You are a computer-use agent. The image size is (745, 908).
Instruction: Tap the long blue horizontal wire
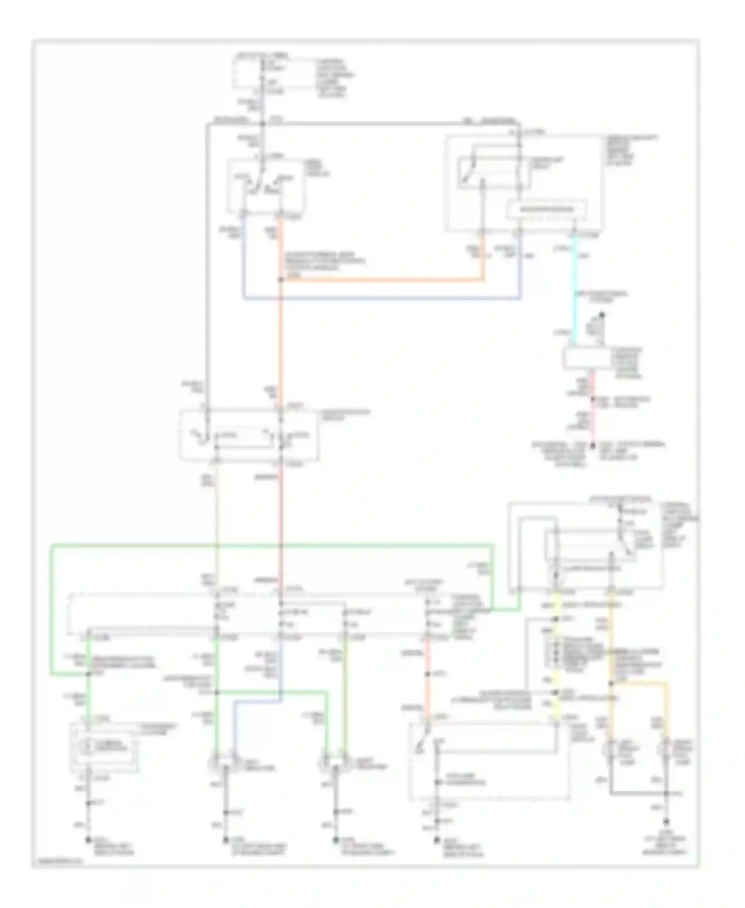382,299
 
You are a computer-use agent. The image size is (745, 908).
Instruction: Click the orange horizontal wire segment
382,281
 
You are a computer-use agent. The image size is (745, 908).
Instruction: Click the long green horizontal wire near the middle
273,546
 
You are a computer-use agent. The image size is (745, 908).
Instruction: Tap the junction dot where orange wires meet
281,281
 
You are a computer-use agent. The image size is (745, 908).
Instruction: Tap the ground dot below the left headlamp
225,839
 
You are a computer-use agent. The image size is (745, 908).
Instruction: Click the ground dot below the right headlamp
336,839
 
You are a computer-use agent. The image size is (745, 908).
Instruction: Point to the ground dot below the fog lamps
667,822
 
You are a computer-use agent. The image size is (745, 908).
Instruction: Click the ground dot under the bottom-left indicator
88,839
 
